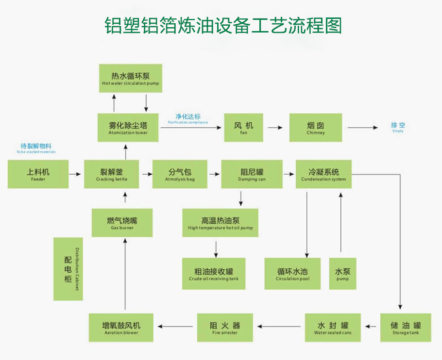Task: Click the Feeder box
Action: point(38,174)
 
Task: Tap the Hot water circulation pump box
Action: point(130,79)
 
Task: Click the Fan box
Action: point(243,128)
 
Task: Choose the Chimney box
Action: point(315,128)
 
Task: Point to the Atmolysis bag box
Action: point(180,174)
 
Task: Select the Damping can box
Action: point(252,174)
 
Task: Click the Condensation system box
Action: point(323,174)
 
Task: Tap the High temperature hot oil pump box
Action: point(220,223)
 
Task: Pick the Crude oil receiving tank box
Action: point(214,274)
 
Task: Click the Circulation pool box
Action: point(292,274)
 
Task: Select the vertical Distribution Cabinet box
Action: point(68,269)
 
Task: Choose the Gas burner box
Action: point(122,223)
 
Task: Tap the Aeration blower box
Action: point(121,327)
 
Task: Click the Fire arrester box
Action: point(224,327)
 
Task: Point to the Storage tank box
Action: point(406,327)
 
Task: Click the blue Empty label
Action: point(398,128)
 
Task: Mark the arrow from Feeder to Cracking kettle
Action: point(75,174)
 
